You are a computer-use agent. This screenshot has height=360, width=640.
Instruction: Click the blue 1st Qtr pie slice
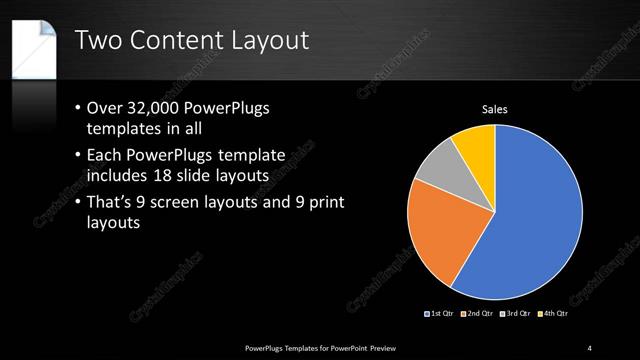click(530, 220)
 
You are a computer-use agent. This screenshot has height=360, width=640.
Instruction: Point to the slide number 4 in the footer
click(590, 347)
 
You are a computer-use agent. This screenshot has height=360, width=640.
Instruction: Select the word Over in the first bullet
click(110, 108)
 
